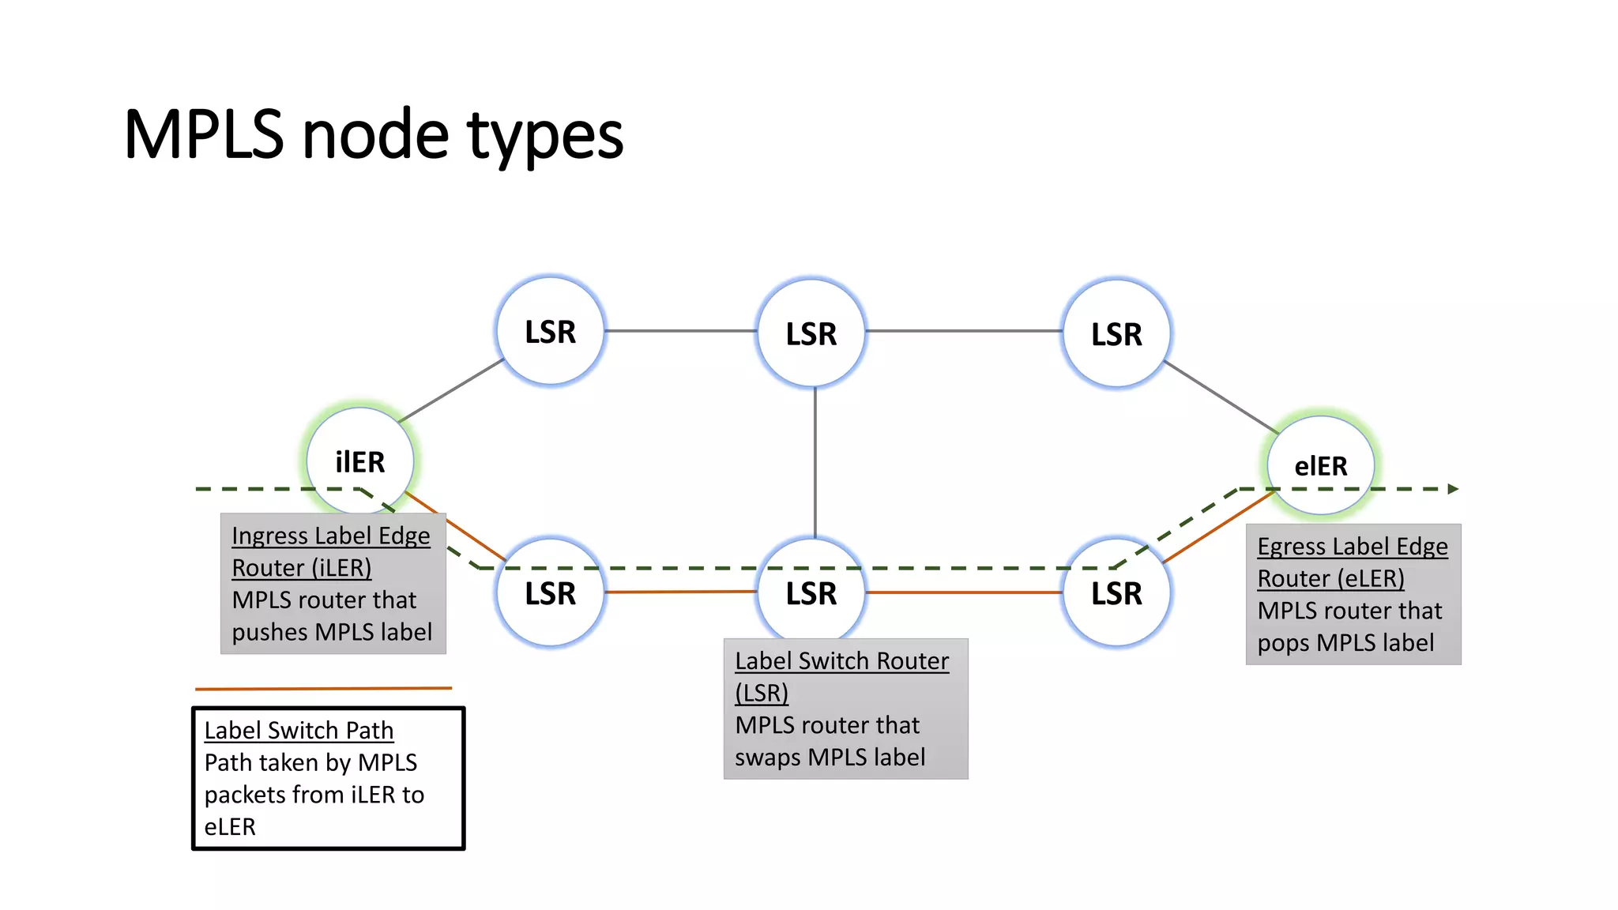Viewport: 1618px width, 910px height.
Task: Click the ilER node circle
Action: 360,461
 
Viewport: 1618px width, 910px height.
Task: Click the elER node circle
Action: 1320,465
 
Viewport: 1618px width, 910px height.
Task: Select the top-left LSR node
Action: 550,332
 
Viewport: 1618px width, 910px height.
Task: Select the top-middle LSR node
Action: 811,333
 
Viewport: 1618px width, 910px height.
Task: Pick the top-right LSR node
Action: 1116,333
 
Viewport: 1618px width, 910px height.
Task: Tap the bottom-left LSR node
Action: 550,593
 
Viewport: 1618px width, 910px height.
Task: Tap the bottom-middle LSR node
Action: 811,593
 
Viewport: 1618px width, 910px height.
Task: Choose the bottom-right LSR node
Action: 1116,593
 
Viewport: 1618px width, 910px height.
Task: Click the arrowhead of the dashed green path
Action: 1452,489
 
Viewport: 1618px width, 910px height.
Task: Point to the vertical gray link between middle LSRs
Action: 815,462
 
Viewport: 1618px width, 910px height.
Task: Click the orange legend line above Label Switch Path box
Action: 324,689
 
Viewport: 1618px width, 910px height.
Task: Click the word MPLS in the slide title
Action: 204,134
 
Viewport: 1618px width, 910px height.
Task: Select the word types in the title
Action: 545,136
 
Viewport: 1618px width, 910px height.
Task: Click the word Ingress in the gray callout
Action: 269,536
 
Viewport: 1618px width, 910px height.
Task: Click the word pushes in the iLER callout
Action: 269,633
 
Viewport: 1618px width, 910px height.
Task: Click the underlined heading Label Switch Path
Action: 299,731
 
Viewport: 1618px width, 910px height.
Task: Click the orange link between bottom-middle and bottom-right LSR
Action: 964,592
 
